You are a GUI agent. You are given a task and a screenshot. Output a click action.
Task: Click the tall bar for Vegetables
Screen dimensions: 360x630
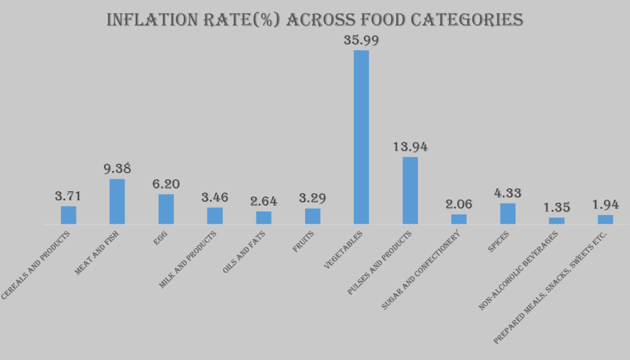pos(361,137)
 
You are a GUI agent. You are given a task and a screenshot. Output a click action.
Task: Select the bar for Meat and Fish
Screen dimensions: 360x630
pos(117,202)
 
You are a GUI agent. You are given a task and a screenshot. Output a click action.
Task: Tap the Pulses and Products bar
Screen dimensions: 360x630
pos(410,190)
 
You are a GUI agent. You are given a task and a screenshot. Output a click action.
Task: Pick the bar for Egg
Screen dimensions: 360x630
pos(166,209)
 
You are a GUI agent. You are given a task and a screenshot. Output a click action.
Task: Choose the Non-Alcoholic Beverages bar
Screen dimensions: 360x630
pos(557,221)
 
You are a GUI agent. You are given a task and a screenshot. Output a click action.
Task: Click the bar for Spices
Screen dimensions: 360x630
pos(507,213)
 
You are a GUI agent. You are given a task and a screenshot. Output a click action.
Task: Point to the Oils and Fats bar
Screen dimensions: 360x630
pos(264,218)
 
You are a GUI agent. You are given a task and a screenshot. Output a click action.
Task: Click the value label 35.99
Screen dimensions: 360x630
pos(361,40)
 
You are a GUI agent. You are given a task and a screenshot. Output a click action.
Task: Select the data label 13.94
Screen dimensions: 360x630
pos(410,147)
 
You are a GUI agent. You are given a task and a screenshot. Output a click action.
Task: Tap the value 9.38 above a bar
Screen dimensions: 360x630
pos(117,168)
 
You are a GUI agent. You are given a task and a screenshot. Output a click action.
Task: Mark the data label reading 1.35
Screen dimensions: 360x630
pos(557,207)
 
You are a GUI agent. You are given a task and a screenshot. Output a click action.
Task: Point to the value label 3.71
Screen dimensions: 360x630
pos(68,197)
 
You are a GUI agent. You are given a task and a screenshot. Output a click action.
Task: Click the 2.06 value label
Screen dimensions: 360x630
pos(459,204)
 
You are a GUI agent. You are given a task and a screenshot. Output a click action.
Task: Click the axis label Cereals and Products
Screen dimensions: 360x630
pos(36,265)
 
